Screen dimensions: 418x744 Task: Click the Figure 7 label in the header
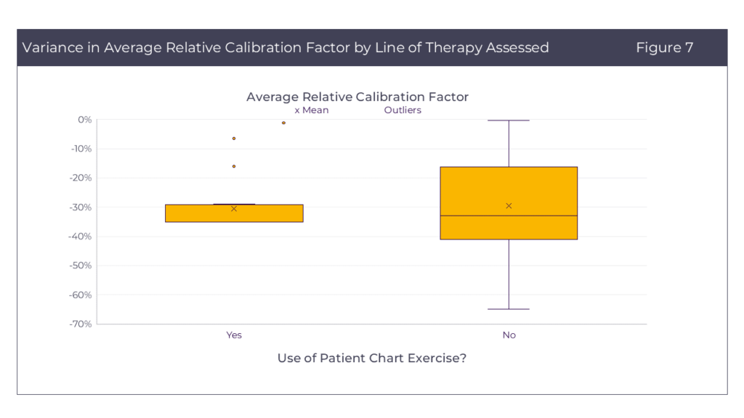coord(664,48)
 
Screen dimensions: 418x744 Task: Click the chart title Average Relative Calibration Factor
coord(357,97)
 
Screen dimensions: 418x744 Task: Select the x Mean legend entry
coord(312,110)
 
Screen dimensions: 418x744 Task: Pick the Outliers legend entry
coord(403,110)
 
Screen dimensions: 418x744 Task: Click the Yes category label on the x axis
coord(234,335)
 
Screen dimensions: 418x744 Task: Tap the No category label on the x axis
coord(509,335)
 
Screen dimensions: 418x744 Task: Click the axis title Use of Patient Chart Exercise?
coord(371,358)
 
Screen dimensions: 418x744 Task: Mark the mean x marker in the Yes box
coord(234,209)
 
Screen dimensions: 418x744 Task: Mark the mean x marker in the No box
coord(509,206)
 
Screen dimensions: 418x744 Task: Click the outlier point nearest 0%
coord(283,123)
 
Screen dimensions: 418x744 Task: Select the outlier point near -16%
coord(234,166)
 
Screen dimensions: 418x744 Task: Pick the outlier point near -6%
coord(234,138)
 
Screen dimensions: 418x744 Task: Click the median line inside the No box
coord(509,216)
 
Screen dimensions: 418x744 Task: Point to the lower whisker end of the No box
coord(509,309)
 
